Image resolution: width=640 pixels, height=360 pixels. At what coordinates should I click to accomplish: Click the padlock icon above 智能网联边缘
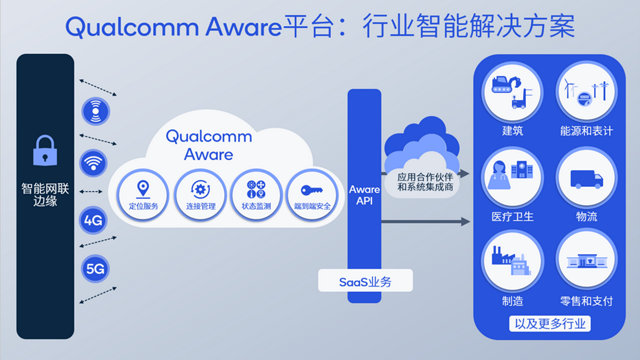(x=44, y=151)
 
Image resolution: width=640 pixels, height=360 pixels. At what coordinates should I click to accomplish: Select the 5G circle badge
(x=94, y=268)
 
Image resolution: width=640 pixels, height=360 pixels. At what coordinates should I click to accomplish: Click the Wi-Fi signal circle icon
(x=94, y=163)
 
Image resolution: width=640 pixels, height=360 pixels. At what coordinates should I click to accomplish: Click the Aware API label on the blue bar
(x=364, y=194)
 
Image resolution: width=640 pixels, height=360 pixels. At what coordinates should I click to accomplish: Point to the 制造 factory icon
(x=512, y=258)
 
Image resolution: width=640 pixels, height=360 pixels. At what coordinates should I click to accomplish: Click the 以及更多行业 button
(x=549, y=323)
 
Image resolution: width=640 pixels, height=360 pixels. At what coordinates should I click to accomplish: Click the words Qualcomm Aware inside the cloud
(x=199, y=145)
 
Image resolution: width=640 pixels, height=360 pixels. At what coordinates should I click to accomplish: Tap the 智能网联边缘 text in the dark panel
(x=45, y=195)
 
